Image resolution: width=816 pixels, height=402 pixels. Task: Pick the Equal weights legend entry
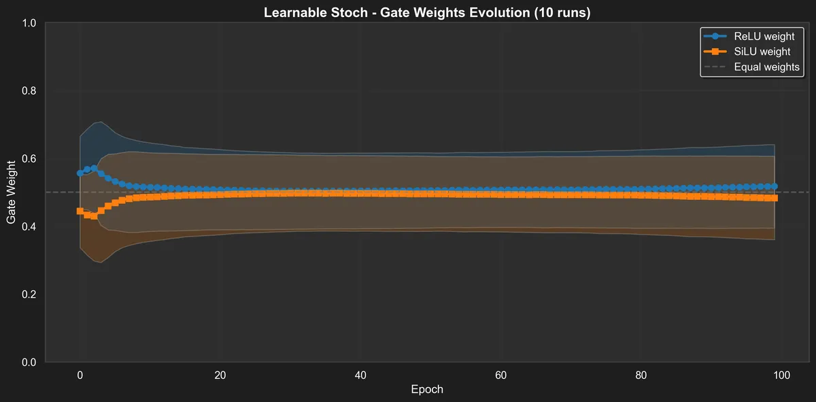[766, 67]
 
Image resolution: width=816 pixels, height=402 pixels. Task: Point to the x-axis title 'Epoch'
[427, 390]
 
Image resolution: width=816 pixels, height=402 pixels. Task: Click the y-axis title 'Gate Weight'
[12, 192]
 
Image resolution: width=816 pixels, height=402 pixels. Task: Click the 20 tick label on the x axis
[220, 375]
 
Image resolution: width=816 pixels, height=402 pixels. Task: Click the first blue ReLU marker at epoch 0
[80, 173]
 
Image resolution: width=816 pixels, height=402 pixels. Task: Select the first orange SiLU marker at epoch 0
[80, 211]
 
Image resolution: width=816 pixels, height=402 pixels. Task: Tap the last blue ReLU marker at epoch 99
[775, 186]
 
